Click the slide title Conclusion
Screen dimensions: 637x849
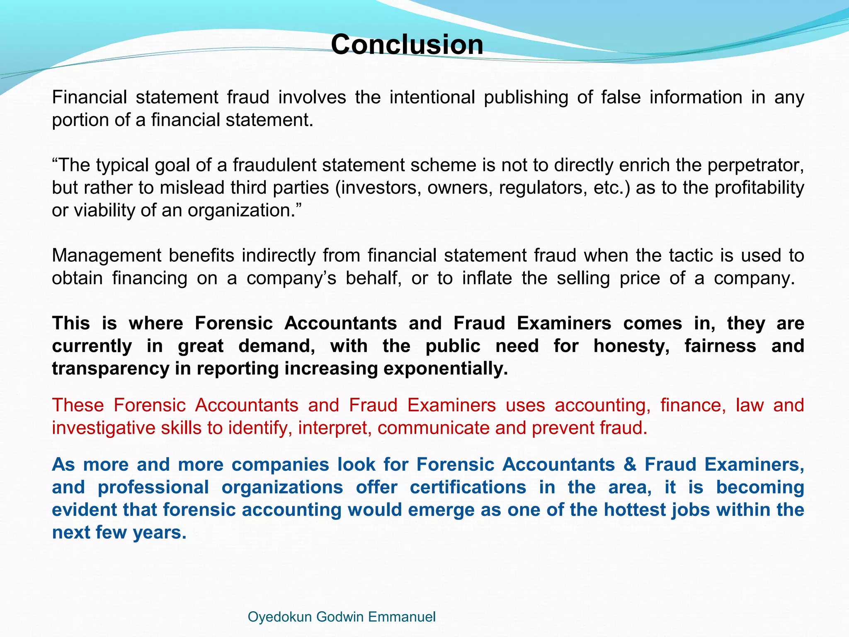[407, 44]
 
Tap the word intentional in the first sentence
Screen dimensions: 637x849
[432, 97]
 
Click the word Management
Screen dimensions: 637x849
[106, 256]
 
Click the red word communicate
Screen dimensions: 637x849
[434, 428]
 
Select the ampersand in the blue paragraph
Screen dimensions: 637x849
[630, 464]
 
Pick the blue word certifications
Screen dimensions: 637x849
[468, 487]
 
